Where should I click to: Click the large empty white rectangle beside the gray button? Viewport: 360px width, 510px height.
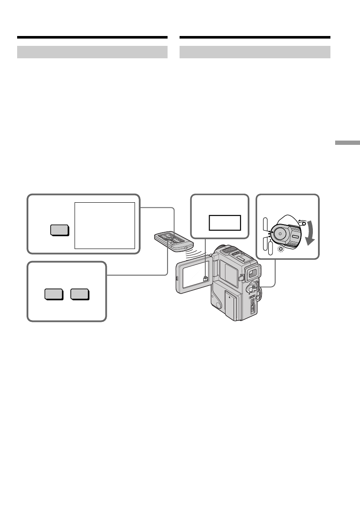(105, 225)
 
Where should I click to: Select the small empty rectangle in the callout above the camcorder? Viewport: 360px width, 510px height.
(225, 223)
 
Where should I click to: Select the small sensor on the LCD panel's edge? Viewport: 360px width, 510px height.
(206, 278)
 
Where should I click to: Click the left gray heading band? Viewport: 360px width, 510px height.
(92, 52)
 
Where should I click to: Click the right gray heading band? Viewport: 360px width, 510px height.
(255, 52)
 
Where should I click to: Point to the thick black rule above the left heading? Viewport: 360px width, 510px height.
(92, 38)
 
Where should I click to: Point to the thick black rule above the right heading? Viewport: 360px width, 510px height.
(255, 38)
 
